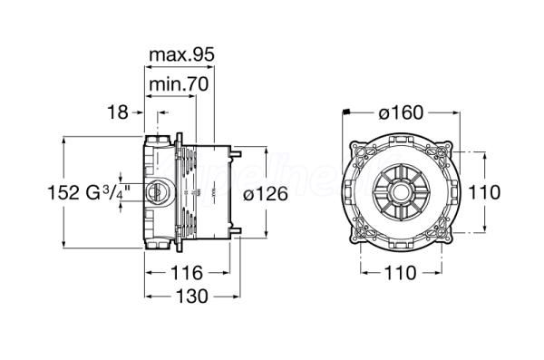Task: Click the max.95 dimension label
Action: pos(182,54)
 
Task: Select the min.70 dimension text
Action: pos(179,83)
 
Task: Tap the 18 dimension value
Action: pos(118,112)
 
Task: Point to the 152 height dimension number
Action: pos(63,192)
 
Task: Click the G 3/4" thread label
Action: pos(108,192)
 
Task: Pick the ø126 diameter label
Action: pos(266,193)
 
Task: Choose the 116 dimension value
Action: pos(187,273)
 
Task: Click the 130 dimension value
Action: pos(192,297)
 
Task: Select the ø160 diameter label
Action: pos(401,112)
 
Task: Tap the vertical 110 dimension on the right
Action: pos(484,192)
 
